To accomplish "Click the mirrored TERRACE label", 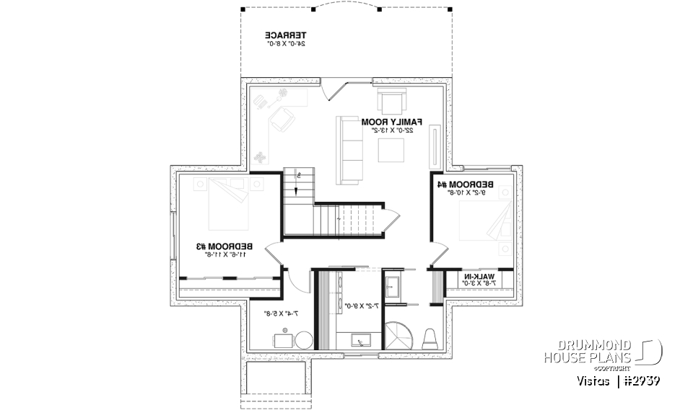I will pyautogui.click(x=285, y=35).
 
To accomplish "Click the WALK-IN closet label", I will pyautogui.click(x=479, y=277).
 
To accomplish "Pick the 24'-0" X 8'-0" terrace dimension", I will pyautogui.click(x=285, y=44).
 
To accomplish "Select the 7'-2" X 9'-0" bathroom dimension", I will pyautogui.click(x=358, y=306).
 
